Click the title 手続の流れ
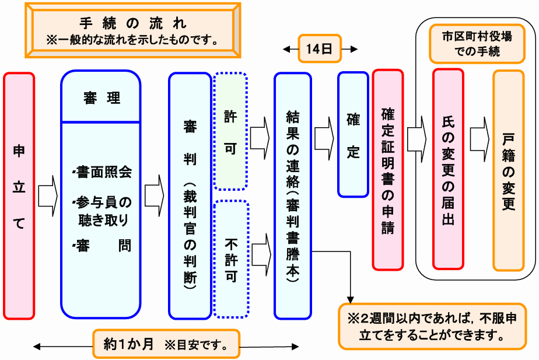click(132, 23)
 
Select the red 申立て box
click(19, 195)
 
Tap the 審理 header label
click(101, 97)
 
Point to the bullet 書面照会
click(103, 173)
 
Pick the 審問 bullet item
click(103, 245)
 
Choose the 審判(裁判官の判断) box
click(190, 195)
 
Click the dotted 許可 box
click(230, 131)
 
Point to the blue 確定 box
click(353, 134)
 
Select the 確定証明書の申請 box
click(388, 169)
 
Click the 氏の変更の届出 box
click(448, 169)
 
